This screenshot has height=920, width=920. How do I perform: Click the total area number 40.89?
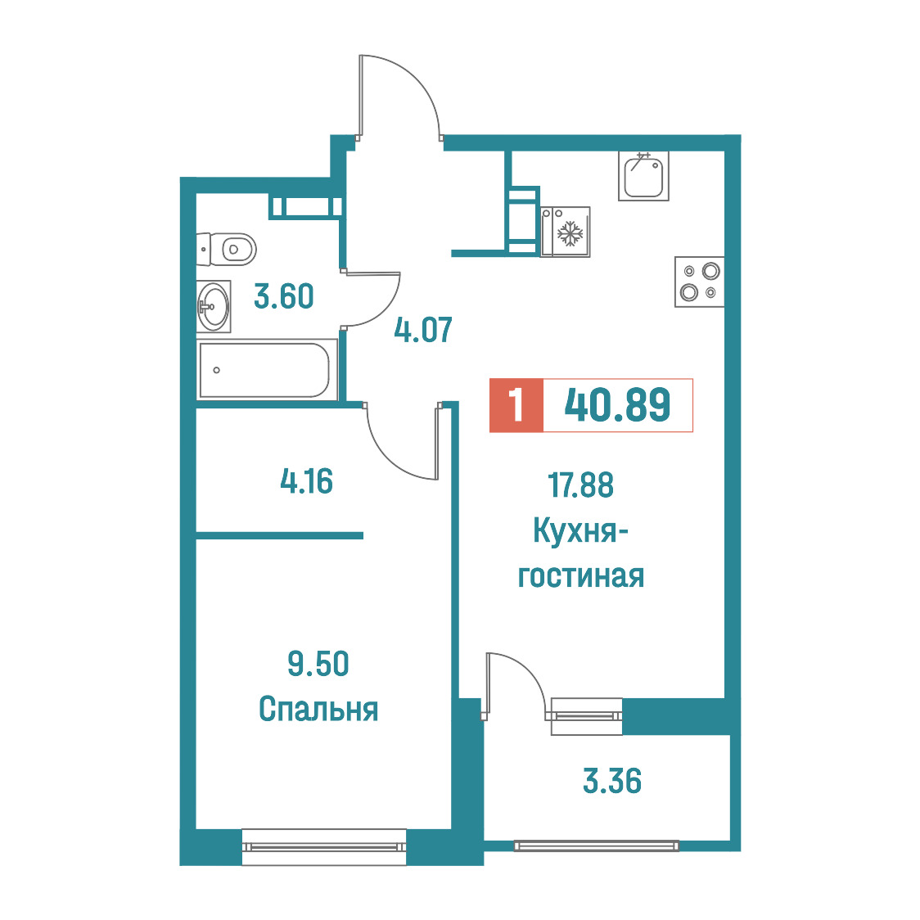[x=617, y=405]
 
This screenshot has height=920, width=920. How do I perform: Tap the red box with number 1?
[x=516, y=405]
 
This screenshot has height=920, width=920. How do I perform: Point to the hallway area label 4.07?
[x=423, y=330]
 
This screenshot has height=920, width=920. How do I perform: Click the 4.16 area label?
[x=307, y=481]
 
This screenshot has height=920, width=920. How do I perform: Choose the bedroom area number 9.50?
[x=318, y=664]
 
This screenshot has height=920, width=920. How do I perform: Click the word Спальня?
[x=318, y=709]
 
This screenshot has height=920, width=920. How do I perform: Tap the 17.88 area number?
[x=581, y=485]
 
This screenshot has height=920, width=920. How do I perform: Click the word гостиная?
[x=581, y=576]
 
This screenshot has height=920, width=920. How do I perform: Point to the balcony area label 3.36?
[x=612, y=781]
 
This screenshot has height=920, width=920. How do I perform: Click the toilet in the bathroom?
[x=227, y=250]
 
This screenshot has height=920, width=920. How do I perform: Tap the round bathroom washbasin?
[x=214, y=306]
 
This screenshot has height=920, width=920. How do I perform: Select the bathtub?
[x=267, y=370]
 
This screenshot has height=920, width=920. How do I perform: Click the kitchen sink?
[x=643, y=175]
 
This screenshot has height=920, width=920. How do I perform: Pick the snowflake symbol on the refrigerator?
[x=570, y=233]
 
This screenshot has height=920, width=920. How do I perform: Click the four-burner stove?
[x=699, y=282]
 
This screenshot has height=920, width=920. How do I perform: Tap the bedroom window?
[x=324, y=846]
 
